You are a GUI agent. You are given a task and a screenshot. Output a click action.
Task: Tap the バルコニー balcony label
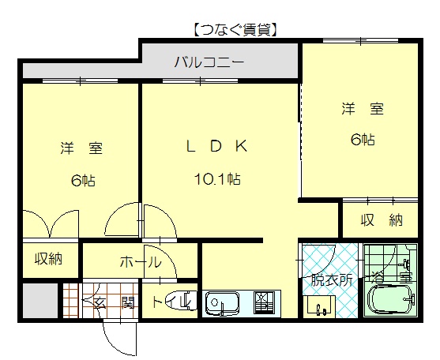coord(209,62)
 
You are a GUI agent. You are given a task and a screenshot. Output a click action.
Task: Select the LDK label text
coord(217,146)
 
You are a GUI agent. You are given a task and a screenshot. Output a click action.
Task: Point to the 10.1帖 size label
coord(217,178)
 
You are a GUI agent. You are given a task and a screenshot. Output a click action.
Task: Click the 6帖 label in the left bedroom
coord(84,180)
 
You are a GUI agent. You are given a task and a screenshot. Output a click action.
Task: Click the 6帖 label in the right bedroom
coord(363,140)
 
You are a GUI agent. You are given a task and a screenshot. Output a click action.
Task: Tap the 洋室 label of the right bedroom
coord(363,109)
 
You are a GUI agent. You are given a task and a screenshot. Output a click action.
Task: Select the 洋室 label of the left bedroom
coord(81,148)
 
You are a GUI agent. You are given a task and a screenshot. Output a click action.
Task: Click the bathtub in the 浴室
coord(391,300)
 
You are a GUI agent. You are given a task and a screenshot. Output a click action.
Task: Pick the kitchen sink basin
coord(222,303)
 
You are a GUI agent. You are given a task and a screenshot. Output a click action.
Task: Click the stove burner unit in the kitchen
coord(264,303)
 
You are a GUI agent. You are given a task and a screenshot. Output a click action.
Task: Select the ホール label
coord(141,262)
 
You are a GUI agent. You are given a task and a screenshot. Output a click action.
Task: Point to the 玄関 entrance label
coord(115,303)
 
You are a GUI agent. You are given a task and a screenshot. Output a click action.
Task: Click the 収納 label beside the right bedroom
coord(382,220)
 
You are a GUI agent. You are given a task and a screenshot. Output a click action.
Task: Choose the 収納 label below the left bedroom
coord(48,258)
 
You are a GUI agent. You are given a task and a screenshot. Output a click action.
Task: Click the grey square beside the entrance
coord(40,301)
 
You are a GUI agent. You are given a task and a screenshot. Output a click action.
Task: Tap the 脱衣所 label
coord(332,279)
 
